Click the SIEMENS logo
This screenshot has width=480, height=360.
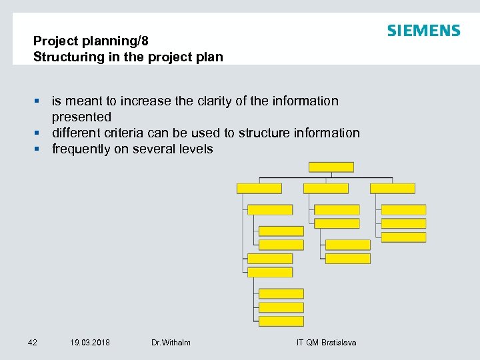[x=423, y=31]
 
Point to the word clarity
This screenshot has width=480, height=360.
[x=219, y=101]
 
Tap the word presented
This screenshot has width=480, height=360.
[x=81, y=117]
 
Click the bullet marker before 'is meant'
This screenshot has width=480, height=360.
[x=38, y=101]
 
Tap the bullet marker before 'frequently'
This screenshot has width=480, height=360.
[x=38, y=149]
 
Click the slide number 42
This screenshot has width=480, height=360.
[x=33, y=342]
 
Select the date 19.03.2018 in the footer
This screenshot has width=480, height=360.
[x=90, y=342]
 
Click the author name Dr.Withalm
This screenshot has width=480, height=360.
[x=171, y=342]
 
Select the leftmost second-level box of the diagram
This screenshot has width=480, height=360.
[x=259, y=189]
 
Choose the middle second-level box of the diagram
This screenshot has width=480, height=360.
[x=326, y=189]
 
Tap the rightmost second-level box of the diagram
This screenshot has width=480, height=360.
[x=393, y=189]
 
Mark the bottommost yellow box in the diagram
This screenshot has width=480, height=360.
[x=281, y=321]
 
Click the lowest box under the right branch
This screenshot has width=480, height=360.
[x=403, y=237]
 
